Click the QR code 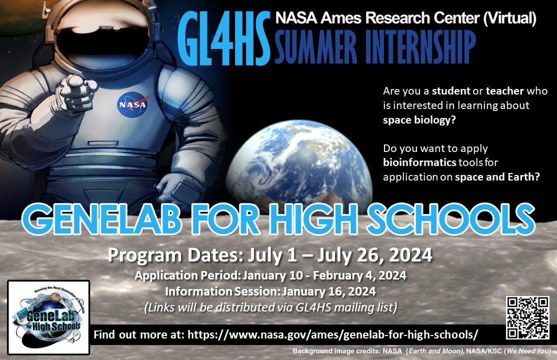(x=527, y=317)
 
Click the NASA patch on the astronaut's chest (x=132, y=104)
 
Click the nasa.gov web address (x=332, y=334)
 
